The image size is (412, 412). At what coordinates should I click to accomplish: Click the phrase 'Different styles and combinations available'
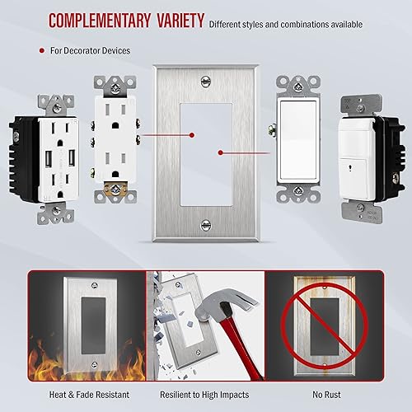(285, 24)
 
